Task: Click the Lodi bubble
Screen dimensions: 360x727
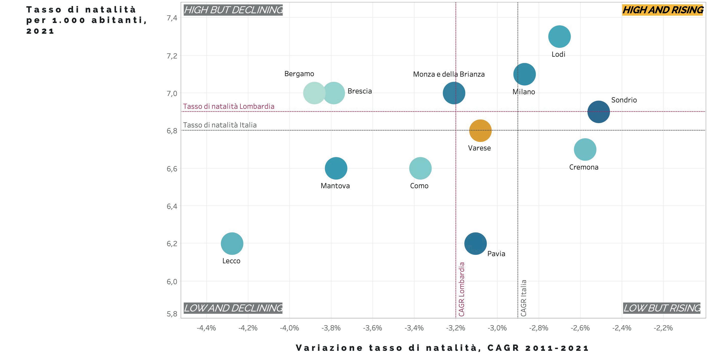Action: pos(559,37)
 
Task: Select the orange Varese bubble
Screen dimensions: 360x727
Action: pos(480,130)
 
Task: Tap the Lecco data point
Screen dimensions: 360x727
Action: pos(232,243)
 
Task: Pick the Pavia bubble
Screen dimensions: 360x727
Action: pos(476,243)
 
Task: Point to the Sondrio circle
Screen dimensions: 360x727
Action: pos(599,112)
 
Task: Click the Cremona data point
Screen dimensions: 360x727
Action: pos(585,149)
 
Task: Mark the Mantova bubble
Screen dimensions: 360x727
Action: pos(336,168)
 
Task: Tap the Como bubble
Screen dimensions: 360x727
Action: pos(420,168)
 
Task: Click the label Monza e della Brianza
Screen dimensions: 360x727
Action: pos(449,74)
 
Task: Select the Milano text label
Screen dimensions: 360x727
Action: pos(524,92)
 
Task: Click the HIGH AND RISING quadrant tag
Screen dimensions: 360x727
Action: pos(662,10)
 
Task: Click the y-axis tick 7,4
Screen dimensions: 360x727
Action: pos(172,18)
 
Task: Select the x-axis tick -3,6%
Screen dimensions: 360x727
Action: pos(372,328)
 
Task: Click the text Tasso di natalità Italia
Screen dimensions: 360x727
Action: pos(220,125)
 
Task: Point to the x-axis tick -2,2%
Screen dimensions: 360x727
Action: pos(663,328)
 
